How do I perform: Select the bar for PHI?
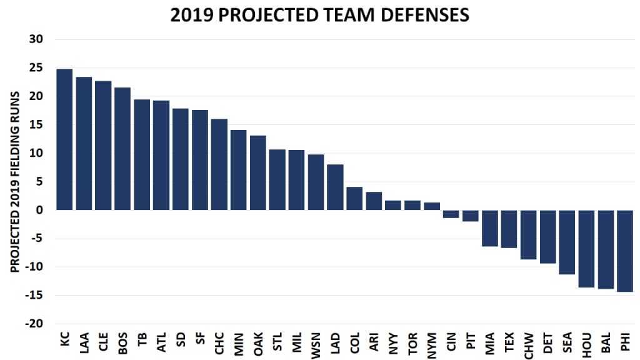pyautogui.click(x=625, y=251)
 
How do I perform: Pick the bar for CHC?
pyautogui.click(x=219, y=164)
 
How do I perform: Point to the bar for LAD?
pyautogui.click(x=335, y=187)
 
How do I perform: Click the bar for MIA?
pyautogui.click(x=490, y=228)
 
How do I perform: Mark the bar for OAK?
pyautogui.click(x=257, y=172)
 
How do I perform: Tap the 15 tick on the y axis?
pyautogui.click(x=36, y=125)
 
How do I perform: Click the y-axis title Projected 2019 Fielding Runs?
pyautogui.click(x=14, y=181)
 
